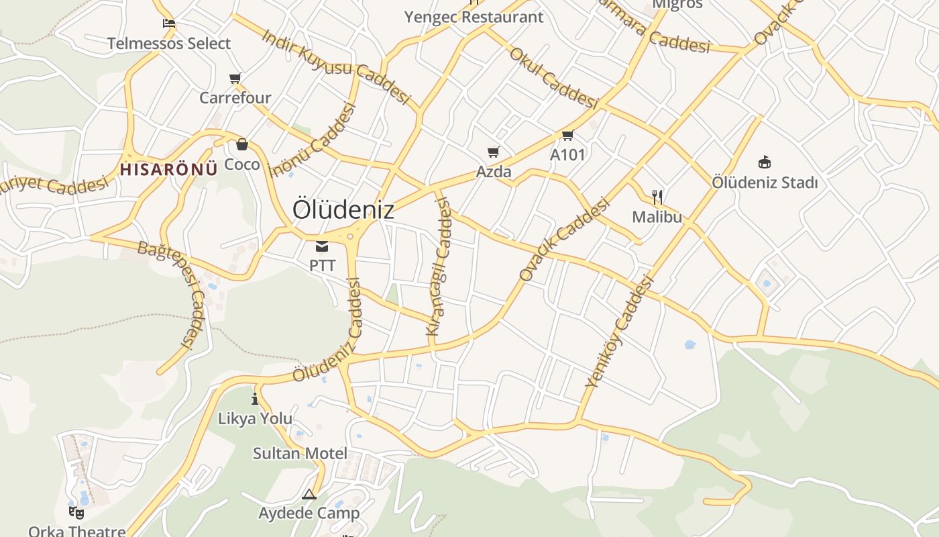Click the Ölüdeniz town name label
[343, 210]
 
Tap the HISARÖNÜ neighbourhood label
[169, 169]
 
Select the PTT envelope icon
[322, 246]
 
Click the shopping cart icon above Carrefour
[235, 79]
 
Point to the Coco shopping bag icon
[241, 144]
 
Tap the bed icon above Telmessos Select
[169, 23]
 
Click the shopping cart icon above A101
[567, 136]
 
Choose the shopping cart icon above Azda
[494, 152]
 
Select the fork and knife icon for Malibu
[657, 197]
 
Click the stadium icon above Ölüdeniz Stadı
[764, 162]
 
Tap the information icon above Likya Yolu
[255, 399]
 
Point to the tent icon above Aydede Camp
[309, 495]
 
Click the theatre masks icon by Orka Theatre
[76, 512]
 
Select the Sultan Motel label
[300, 453]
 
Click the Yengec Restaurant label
[474, 17]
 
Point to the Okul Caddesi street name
[553, 78]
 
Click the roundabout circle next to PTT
[349, 236]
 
